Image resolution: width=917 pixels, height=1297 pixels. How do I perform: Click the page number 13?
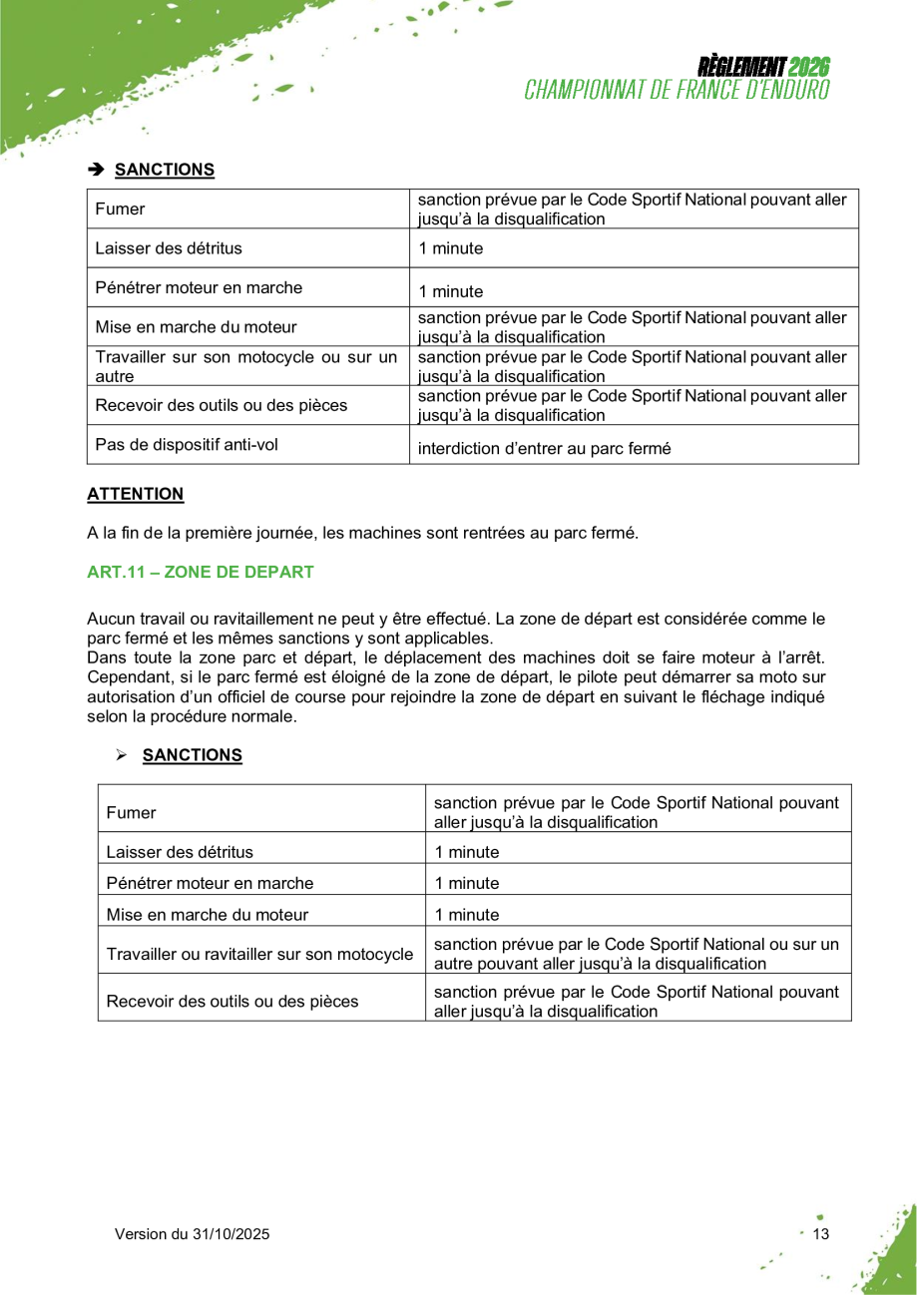tap(821, 1234)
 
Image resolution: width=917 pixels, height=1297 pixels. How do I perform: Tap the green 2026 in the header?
tap(808, 68)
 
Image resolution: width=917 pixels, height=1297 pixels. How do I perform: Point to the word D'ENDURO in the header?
tap(782, 90)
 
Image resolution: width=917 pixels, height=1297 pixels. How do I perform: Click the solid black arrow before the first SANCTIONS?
tap(96, 170)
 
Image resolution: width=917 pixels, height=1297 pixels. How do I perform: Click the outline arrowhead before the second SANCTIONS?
tap(122, 756)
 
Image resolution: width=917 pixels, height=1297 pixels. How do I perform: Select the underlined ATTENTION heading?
tap(136, 494)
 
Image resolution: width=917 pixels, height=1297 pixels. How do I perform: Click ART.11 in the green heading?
tap(114, 573)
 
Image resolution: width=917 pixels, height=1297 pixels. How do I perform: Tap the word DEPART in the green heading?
tap(282, 573)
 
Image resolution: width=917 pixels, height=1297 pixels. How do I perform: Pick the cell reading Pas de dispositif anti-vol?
tap(187, 445)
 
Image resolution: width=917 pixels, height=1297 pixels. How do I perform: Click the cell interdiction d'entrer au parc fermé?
tap(544, 449)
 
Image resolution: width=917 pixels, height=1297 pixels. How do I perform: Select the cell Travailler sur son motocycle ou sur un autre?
tap(246, 366)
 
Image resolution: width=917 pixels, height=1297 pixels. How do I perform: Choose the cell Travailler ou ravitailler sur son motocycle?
tap(259, 955)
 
